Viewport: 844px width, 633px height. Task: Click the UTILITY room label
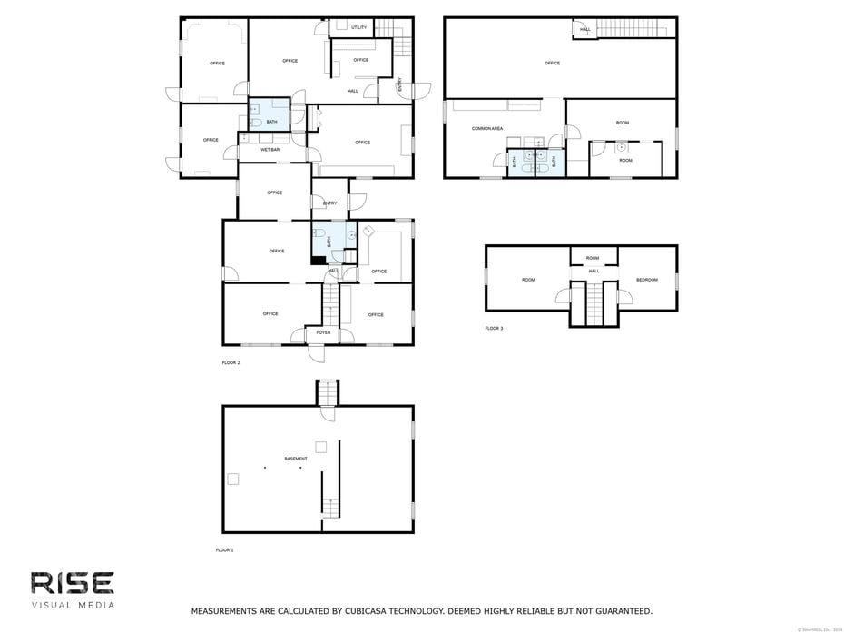tap(359, 27)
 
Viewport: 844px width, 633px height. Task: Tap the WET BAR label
tap(270, 149)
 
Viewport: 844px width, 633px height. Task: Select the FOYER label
tap(324, 333)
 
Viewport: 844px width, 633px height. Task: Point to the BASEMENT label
tap(296, 459)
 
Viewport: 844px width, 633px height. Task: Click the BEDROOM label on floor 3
tap(647, 280)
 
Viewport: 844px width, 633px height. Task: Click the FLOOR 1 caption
tap(224, 550)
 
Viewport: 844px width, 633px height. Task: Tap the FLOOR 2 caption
tap(231, 362)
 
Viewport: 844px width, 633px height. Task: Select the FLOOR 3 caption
tap(494, 328)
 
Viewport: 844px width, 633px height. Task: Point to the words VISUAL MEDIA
tap(73, 605)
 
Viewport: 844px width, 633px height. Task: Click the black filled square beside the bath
tap(319, 261)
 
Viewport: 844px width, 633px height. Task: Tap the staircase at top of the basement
tap(327, 392)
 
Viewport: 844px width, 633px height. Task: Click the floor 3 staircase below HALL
tap(594, 303)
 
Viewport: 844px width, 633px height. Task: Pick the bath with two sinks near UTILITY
tap(270, 114)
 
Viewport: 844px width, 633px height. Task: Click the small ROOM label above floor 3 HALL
tap(593, 258)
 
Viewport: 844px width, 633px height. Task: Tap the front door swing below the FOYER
tap(316, 353)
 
